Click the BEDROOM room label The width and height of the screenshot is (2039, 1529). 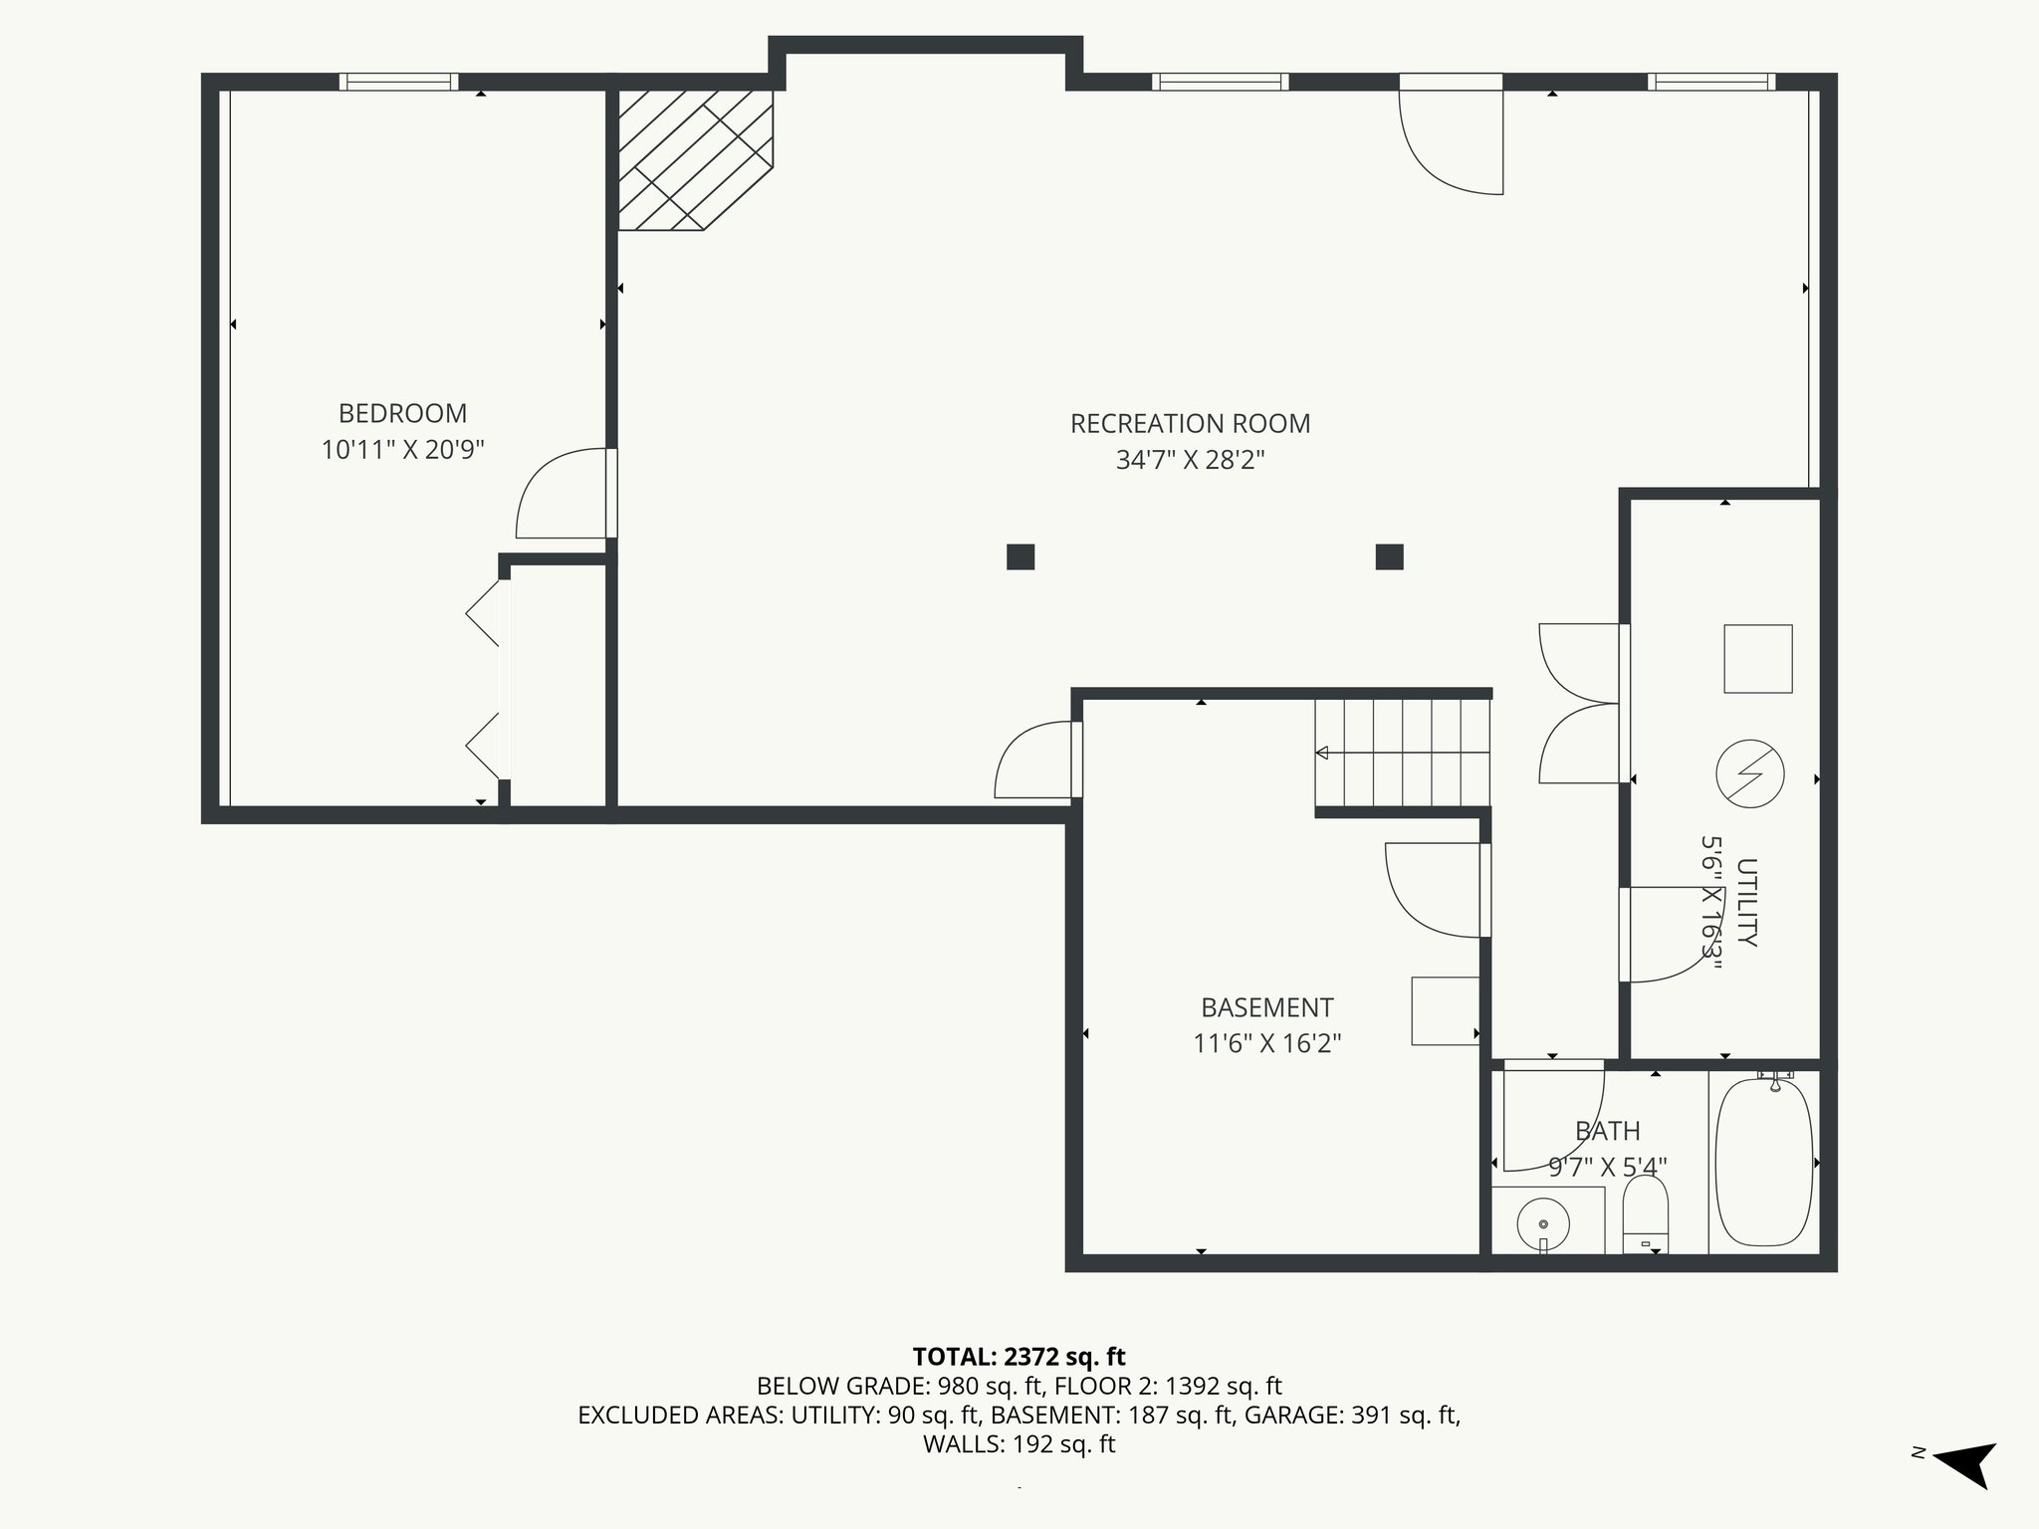[402, 413]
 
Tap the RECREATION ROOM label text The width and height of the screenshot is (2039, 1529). [1190, 424]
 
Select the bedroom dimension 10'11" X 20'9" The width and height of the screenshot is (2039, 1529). [402, 450]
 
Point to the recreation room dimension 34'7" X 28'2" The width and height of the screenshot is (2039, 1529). [1190, 460]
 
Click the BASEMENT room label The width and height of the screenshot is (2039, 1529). [1266, 1007]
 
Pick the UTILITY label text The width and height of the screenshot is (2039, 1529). [1746, 902]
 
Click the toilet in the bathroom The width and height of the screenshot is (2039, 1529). [1645, 1214]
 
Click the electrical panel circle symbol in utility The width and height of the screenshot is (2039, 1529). [1750, 773]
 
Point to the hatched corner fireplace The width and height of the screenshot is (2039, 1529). [695, 160]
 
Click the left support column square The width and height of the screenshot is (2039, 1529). [1020, 556]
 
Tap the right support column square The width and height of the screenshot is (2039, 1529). [1389, 556]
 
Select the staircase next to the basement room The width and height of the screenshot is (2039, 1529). [1403, 753]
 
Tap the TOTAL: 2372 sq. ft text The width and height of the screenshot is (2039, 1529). [1019, 1357]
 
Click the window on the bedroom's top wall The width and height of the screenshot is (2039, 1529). [398, 82]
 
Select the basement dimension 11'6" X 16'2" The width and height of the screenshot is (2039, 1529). [1266, 1043]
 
